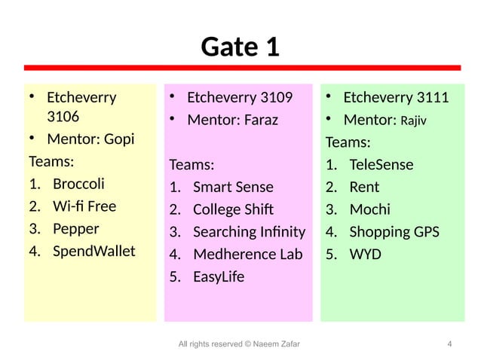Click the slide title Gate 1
(x=240, y=47)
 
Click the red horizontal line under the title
(x=240, y=68)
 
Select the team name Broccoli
(x=78, y=184)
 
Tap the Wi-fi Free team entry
(x=84, y=206)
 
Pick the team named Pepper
(x=75, y=228)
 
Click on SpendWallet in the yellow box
(x=93, y=250)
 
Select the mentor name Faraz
(x=260, y=120)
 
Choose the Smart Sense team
(x=233, y=187)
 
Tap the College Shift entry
(x=233, y=209)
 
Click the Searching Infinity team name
(x=249, y=232)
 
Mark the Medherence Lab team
(x=247, y=255)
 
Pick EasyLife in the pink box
(x=219, y=277)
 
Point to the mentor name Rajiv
(x=413, y=121)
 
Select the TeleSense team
(x=381, y=164)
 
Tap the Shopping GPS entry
(x=394, y=232)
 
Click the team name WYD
(x=365, y=255)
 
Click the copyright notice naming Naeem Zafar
(x=238, y=344)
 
